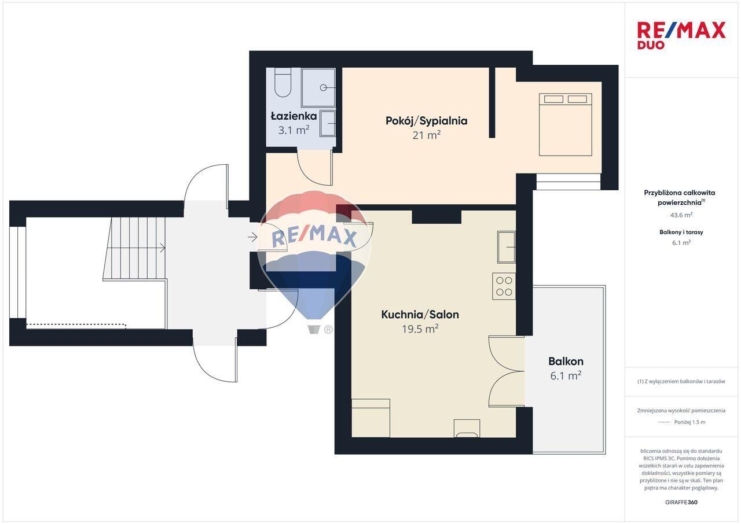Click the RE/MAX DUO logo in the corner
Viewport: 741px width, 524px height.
[x=681, y=35]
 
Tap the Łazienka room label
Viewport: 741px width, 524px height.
[x=294, y=116]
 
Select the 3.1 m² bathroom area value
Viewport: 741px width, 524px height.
[x=294, y=130]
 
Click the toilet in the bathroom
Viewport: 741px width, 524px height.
[x=283, y=83]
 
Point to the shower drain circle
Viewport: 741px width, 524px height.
[x=324, y=87]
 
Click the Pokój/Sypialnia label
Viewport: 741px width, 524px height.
[x=427, y=121]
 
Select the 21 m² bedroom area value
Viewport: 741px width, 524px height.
[x=427, y=135]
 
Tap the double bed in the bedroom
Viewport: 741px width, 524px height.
[x=566, y=124]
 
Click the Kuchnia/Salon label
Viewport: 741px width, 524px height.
[x=420, y=315]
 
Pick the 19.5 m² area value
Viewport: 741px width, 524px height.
[x=420, y=329]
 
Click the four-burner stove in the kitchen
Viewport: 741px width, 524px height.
[x=504, y=286]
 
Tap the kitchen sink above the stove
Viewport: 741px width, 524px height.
[x=507, y=247]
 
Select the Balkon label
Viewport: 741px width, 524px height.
[x=566, y=361]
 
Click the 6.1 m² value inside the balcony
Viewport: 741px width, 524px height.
[x=566, y=376]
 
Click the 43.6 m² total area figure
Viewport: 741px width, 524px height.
[x=681, y=215]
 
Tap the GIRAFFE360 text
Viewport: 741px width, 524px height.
[x=681, y=502]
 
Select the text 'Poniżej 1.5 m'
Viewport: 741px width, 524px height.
[x=689, y=422]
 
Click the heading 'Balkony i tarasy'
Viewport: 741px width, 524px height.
[x=681, y=233]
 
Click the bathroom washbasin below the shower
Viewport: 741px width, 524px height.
[x=328, y=124]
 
